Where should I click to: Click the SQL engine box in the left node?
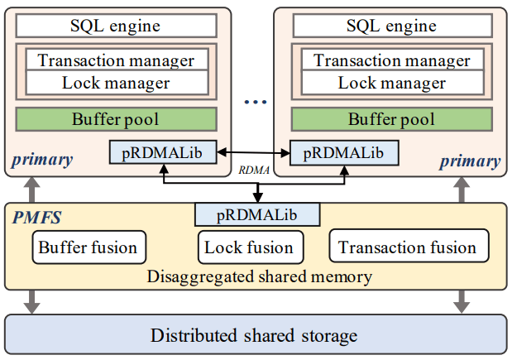point(117,26)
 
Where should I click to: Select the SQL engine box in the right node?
point(391,26)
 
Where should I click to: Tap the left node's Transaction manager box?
point(117,60)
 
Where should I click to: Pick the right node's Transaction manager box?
point(391,60)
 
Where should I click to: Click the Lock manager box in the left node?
point(117,83)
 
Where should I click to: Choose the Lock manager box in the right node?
point(391,83)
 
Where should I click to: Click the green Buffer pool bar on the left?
point(117,119)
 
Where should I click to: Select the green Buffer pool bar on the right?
point(391,119)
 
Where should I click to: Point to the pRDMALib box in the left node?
point(162,153)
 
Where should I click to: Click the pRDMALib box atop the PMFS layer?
point(256,214)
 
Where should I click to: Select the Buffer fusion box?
point(89,247)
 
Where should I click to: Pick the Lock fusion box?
point(249,247)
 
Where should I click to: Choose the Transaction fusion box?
point(408,247)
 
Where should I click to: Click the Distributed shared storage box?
point(256,336)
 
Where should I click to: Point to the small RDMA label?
point(251,169)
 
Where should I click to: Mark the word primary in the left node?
point(42,160)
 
